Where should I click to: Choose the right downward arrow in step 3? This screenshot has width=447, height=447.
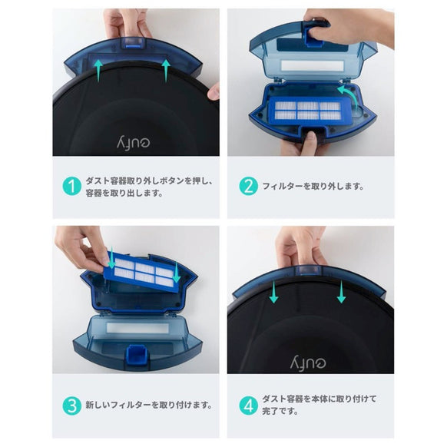tap(176, 273)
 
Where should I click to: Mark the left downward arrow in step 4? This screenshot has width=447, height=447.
tap(273, 290)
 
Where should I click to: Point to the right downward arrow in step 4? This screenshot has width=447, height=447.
tap(341, 290)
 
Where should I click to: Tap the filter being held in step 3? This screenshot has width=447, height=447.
tap(141, 270)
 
